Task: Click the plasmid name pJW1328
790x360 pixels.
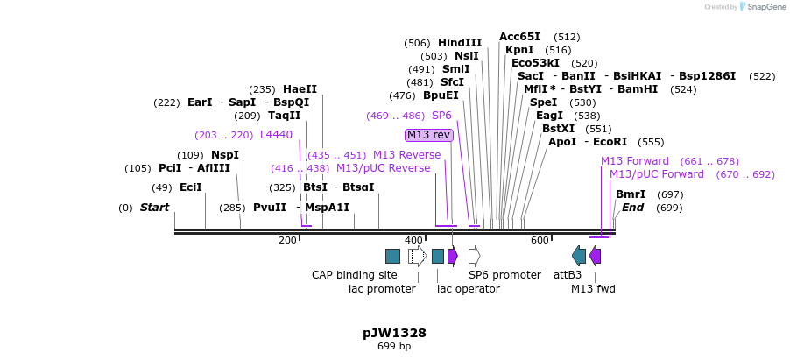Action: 394,333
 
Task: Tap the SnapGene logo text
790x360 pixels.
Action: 763,7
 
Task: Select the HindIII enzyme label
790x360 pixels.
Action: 460,43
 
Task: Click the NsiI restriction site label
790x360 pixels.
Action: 466,56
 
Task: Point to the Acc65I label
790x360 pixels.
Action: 519,37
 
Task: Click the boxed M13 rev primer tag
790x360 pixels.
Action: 429,135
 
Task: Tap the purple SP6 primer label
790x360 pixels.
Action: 441,116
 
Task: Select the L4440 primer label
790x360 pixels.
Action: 276,135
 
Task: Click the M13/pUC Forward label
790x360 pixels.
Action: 656,174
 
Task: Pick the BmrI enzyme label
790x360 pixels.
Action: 631,194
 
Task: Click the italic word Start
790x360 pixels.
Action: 155,208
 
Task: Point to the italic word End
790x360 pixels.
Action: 632,208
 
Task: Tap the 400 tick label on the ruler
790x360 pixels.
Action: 413,240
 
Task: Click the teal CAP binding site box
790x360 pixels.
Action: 392,256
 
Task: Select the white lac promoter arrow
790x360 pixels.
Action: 417,256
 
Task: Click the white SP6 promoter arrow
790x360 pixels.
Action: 474,256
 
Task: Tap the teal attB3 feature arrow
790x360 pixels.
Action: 579,256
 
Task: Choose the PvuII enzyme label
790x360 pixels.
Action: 270,208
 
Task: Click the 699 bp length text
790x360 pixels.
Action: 394,347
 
